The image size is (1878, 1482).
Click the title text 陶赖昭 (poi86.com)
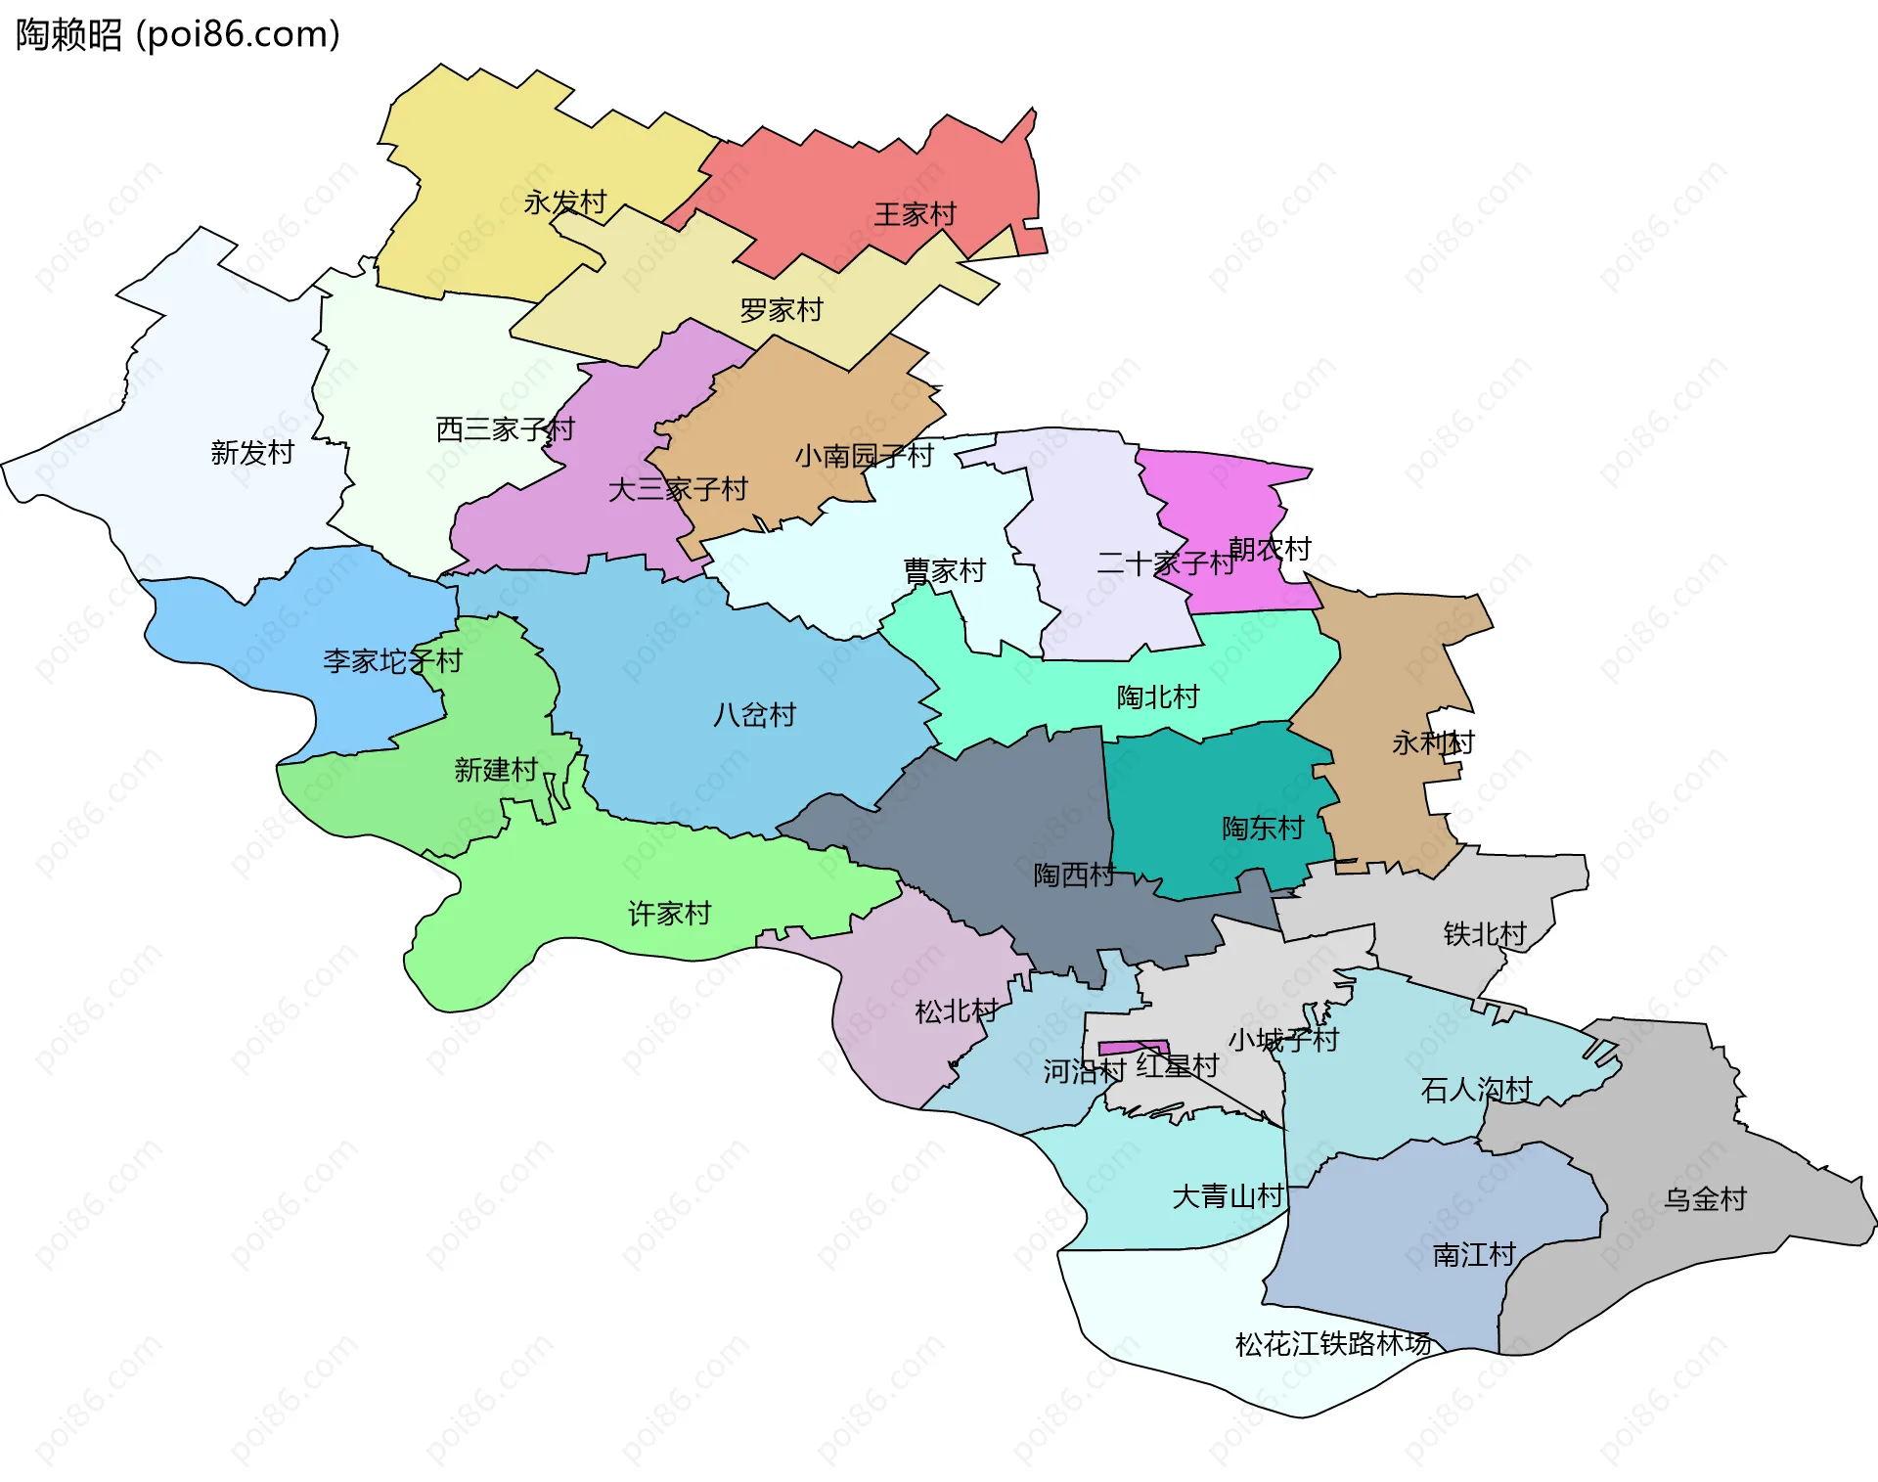click(178, 34)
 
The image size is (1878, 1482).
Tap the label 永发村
click(565, 202)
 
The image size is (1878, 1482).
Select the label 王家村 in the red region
click(915, 214)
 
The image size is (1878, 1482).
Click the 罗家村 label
click(782, 310)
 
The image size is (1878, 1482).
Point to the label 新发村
click(252, 452)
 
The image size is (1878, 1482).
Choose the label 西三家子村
click(505, 428)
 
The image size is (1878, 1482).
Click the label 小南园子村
click(864, 455)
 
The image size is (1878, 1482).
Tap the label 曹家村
click(944, 570)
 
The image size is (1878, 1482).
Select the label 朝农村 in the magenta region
click(1270, 549)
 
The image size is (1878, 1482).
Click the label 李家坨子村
click(392, 661)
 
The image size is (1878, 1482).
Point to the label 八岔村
click(754, 714)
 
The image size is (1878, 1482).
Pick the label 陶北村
click(1158, 696)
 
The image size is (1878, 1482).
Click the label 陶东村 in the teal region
click(1263, 828)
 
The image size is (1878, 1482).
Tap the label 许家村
click(669, 913)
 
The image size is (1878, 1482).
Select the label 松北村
click(956, 1010)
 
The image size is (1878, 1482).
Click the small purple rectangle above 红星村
click(1133, 1048)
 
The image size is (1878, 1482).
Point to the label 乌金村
click(1705, 1198)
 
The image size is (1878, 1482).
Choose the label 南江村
click(1474, 1254)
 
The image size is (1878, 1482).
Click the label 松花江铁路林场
click(1333, 1343)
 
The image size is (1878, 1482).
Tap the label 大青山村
click(1228, 1195)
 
